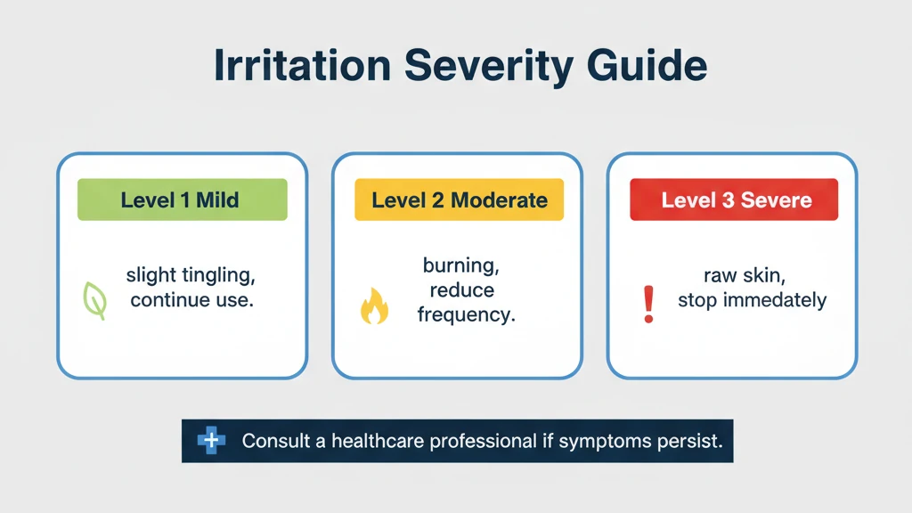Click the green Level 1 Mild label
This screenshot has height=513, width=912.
(x=182, y=199)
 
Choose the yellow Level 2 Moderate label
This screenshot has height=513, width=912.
(x=459, y=199)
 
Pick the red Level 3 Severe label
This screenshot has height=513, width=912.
(x=734, y=199)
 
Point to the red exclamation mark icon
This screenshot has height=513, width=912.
(x=648, y=303)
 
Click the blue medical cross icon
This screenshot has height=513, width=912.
(x=211, y=441)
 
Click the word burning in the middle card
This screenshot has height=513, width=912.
(x=458, y=265)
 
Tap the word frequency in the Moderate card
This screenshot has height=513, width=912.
(x=466, y=315)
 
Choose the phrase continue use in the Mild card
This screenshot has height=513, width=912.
(x=191, y=300)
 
